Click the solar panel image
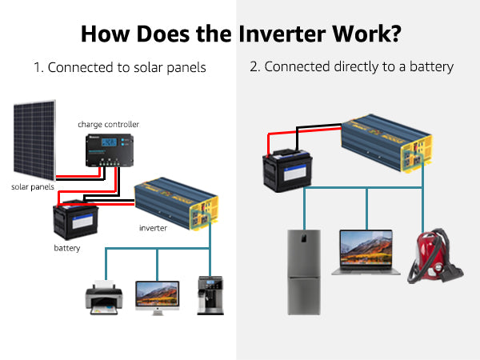34,140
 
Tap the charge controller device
110,150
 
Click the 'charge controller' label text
108,125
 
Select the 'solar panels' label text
33,186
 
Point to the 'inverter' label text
153,228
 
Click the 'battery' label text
67,248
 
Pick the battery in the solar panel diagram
76,219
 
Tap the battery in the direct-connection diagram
287,170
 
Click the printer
104,298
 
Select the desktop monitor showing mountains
158,298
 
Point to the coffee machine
210,295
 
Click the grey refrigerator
304,272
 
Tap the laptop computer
366,253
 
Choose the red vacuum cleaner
434,256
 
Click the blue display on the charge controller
109,142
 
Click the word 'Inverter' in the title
282,34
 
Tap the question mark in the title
395,34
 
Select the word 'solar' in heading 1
148,67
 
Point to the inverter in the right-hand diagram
387,143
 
